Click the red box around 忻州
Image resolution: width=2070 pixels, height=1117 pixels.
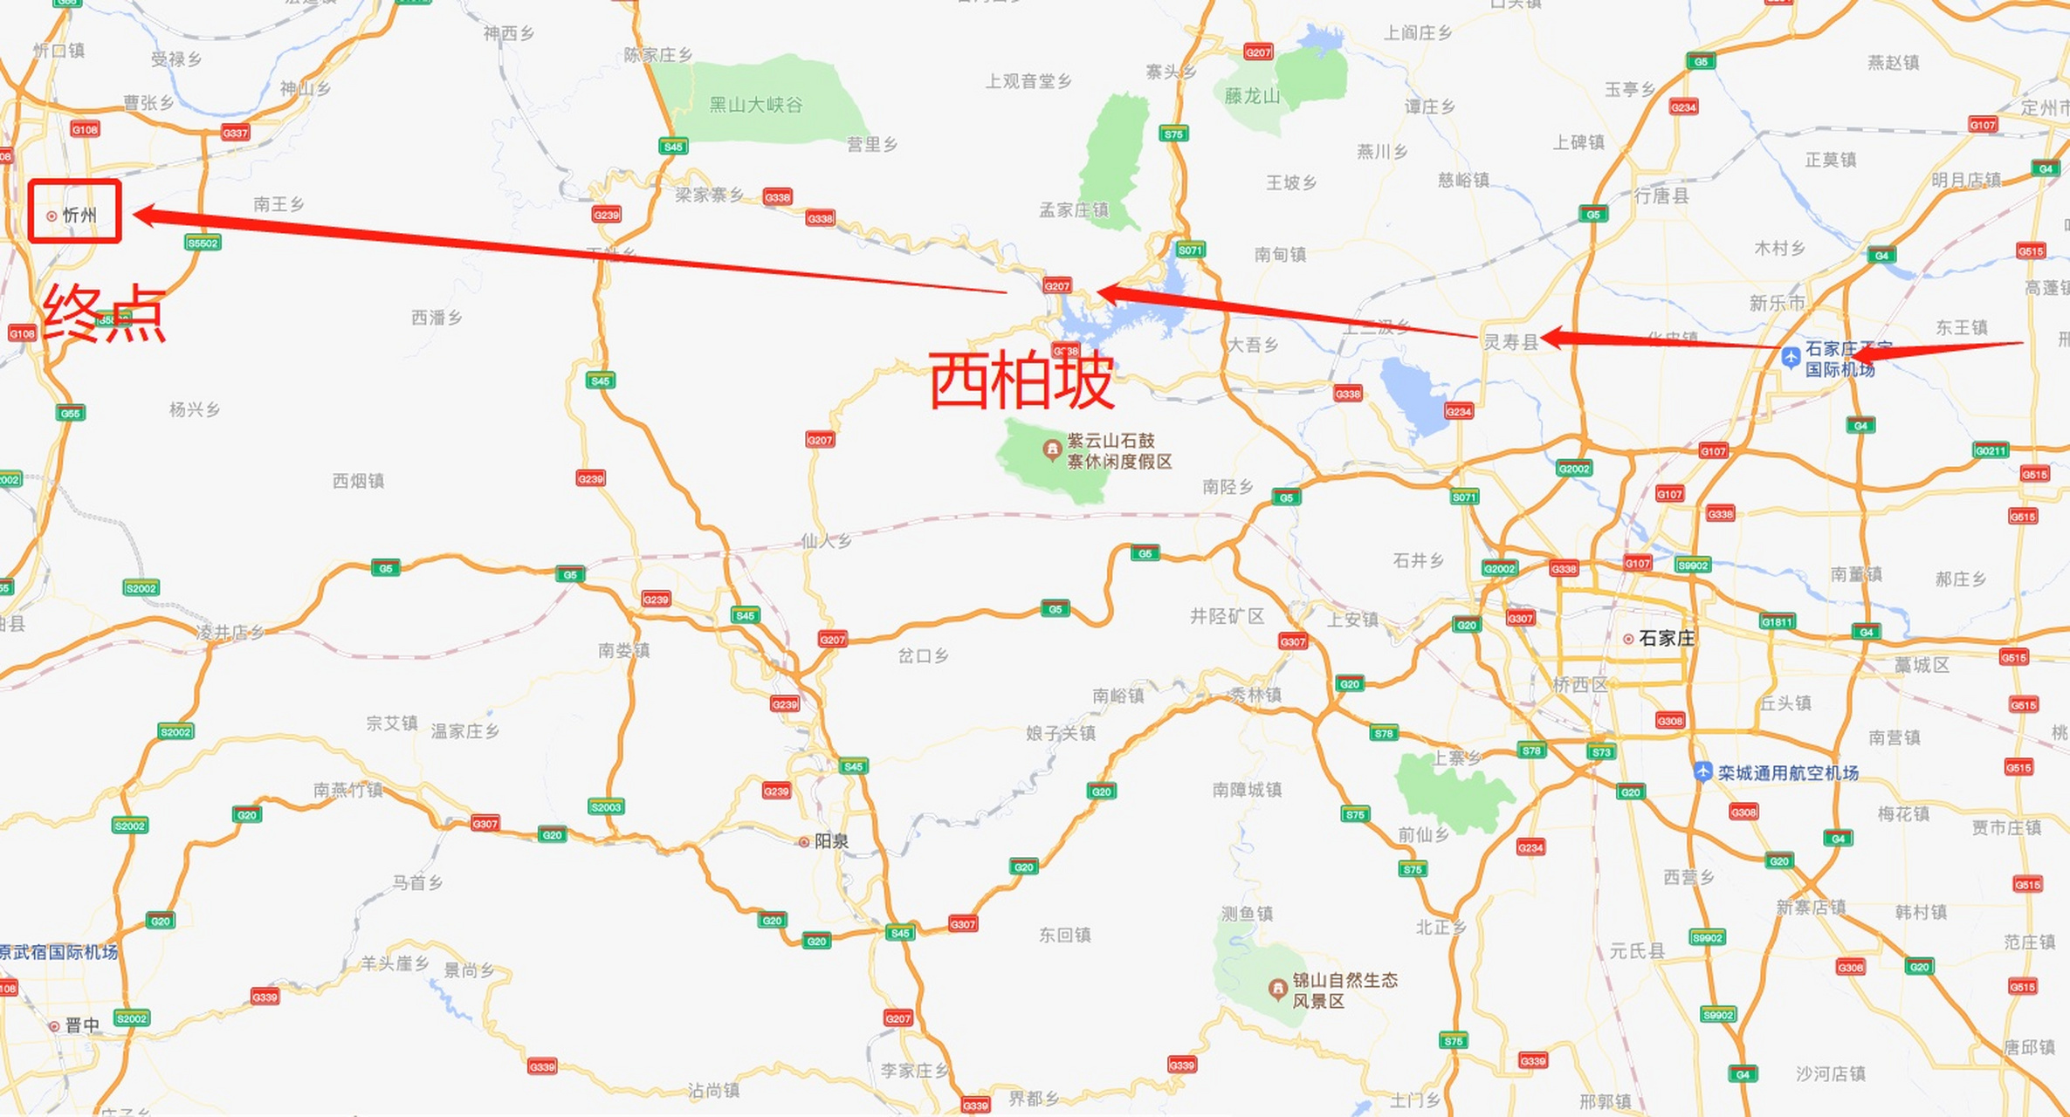coord(74,210)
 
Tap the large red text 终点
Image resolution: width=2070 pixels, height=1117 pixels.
coord(104,314)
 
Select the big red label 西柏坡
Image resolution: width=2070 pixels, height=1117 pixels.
coord(1021,380)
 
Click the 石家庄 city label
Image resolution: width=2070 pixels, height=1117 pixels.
coord(1666,638)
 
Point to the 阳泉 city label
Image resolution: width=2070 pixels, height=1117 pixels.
coord(830,841)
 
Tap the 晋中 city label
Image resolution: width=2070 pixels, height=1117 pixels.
coord(82,1024)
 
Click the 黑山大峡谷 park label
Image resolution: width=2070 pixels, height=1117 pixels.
coord(755,105)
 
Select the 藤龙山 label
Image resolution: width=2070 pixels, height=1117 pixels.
coord(1251,96)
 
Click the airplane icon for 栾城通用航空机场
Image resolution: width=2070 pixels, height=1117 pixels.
coord(1702,772)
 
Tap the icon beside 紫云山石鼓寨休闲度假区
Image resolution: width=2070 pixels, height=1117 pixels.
coord(1052,449)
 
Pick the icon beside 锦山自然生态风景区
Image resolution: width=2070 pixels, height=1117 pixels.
coord(1277,989)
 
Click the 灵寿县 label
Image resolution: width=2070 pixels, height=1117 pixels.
coord(1510,341)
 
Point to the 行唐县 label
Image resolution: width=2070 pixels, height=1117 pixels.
coord(1661,195)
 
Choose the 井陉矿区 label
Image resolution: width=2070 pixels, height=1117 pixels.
coord(1227,616)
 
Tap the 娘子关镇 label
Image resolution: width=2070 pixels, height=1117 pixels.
coord(1060,733)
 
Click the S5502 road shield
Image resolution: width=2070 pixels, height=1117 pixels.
coord(203,243)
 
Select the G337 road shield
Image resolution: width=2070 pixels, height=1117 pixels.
coord(235,133)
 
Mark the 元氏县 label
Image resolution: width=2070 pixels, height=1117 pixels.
coord(1637,950)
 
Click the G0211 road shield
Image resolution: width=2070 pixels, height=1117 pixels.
coord(1991,450)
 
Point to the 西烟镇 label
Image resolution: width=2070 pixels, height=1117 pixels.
coord(358,480)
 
